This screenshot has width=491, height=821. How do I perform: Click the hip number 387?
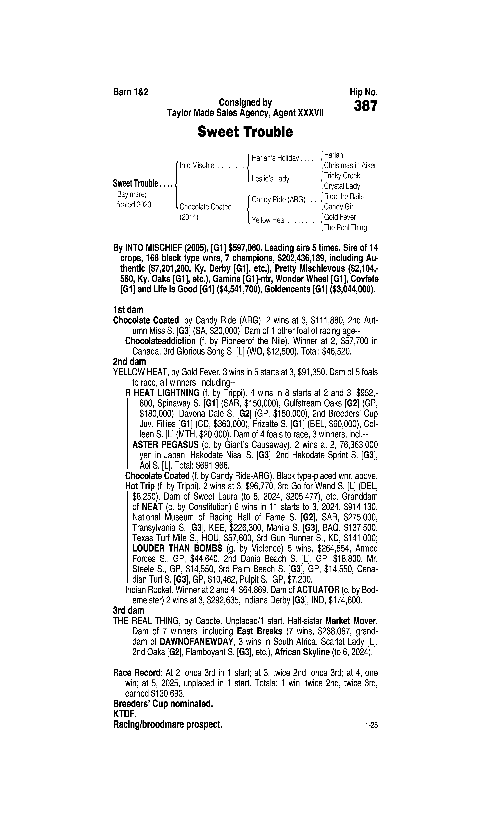pyautogui.click(x=365, y=106)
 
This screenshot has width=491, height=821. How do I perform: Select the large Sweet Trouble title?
pyautogui.click(x=245, y=132)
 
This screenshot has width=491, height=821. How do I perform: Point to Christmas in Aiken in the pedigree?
pyautogui.click(x=351, y=165)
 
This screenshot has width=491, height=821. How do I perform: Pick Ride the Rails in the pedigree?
pyautogui.click(x=344, y=196)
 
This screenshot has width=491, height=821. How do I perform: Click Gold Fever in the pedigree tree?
pyautogui.click(x=340, y=217)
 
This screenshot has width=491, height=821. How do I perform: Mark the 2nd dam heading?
pyautogui.click(x=129, y=362)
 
